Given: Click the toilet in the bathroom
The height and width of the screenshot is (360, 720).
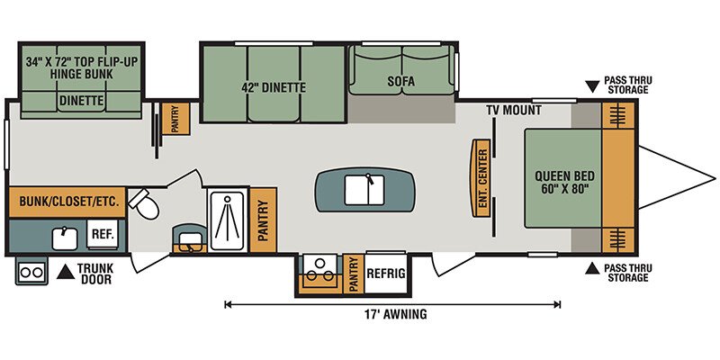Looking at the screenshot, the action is click(144, 205).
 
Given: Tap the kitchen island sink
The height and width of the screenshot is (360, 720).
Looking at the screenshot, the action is click(364, 189).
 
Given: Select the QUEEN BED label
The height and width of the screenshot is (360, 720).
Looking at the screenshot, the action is click(564, 183).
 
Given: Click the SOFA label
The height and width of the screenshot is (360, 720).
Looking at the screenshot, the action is click(400, 82).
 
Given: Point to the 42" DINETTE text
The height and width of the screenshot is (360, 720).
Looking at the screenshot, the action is click(274, 87).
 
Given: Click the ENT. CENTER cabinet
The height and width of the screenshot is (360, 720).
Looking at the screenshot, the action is click(480, 177).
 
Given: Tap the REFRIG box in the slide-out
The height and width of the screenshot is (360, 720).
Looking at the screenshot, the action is click(386, 274).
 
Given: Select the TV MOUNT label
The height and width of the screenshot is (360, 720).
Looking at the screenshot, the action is click(514, 110).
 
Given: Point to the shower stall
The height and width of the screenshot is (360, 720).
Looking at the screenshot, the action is click(227, 220).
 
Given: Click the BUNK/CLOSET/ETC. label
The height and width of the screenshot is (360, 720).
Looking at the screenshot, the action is click(66, 201).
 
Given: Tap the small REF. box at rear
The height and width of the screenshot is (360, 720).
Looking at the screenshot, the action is click(103, 234).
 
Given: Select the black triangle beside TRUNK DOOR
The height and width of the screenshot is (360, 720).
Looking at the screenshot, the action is click(66, 272).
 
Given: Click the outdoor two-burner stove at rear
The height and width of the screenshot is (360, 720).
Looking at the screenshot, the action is click(31, 271).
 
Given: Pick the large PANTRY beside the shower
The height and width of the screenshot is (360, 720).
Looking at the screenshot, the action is click(263, 220).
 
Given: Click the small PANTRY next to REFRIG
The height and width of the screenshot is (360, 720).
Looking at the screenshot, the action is click(353, 274).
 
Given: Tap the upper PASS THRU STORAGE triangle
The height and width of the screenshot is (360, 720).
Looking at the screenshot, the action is click(593, 85).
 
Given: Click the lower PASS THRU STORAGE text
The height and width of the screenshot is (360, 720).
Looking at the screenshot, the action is click(627, 273).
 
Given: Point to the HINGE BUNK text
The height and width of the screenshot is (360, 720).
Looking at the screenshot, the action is click(82, 74).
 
